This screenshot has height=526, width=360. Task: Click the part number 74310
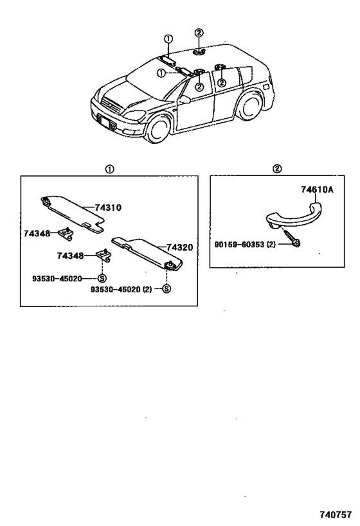[108, 207]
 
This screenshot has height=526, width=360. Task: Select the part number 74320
[179, 247]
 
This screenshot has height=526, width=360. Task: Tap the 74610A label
[317, 190]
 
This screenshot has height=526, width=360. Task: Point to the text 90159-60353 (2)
[245, 245]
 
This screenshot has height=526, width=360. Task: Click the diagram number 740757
[335, 514]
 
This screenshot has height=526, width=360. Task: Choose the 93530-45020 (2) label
[121, 289]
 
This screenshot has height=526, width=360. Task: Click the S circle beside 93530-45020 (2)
[166, 288]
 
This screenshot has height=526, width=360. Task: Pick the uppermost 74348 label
[37, 233]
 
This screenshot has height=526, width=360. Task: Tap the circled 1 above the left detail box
[109, 169]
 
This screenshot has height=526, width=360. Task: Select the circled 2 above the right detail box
[277, 169]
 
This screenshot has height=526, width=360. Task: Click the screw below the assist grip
[291, 238]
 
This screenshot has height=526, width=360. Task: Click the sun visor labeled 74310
[72, 214]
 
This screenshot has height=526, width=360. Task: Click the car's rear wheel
[250, 106]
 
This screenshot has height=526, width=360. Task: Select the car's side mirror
[184, 99]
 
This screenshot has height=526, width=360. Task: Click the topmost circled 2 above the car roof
[199, 33]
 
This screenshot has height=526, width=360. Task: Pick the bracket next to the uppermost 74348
[66, 233]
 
